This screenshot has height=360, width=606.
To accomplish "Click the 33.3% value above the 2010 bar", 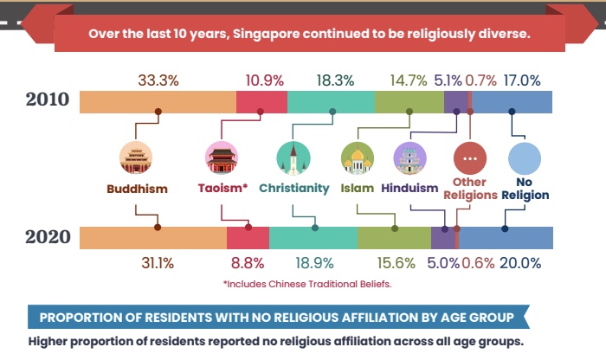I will click(158, 80).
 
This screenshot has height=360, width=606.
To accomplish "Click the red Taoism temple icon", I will click(222, 159).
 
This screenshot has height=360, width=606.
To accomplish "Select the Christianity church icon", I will click(293, 159).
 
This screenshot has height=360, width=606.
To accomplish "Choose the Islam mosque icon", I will click(358, 159).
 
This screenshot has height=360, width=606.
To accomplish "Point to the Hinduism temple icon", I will click(409, 159).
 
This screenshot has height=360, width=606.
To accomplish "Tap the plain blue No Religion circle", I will click(524, 159).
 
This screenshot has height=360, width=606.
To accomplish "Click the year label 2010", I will click(42, 99).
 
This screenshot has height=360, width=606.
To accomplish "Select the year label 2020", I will click(42, 237).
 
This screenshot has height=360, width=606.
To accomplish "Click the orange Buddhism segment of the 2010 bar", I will click(158, 101).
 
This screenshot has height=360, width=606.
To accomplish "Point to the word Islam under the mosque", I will click(357, 188).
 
